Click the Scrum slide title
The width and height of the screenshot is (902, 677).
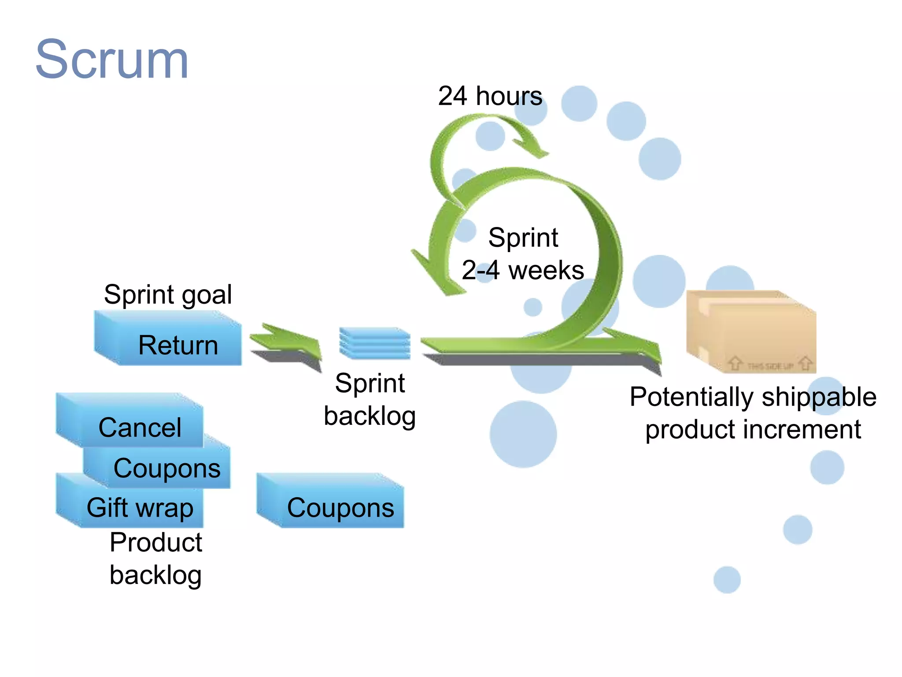pos(112,60)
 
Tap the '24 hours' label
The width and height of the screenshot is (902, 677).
pos(490,96)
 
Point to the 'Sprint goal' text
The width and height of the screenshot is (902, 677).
pos(168,294)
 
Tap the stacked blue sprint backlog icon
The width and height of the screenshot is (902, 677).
pos(375,343)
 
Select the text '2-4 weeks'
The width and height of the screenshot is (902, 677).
pos(523,270)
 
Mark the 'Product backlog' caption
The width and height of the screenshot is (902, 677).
pos(156,558)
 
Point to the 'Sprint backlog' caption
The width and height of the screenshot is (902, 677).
pos(370,399)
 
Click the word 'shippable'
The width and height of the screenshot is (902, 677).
pos(819,397)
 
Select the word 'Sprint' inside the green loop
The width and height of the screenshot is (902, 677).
pos(523,238)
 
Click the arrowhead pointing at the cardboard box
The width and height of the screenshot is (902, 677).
pos(643,346)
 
